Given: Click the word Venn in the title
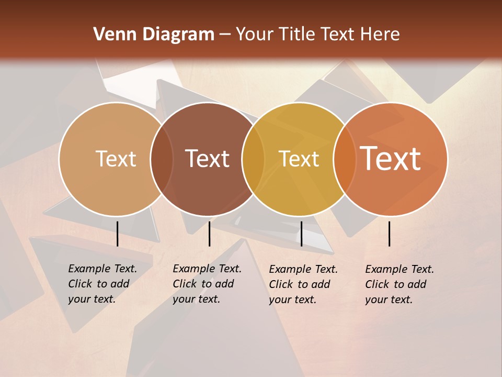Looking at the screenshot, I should click(111, 35).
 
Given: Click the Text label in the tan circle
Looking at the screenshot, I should click(116, 159).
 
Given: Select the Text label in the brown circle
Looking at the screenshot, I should click(207, 159).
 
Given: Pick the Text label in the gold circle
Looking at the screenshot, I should click(299, 159).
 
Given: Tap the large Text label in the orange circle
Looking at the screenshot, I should click(391, 159).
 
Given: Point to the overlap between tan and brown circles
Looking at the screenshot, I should click(162, 159).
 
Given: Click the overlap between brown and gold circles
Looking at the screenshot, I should click(253, 159).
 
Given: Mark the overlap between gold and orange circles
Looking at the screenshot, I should click(345, 159).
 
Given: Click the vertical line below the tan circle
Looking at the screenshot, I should click(118, 234).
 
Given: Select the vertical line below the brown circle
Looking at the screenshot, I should click(209, 234).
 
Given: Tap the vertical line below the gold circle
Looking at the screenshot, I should click(301, 234).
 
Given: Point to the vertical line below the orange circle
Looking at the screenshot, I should click(390, 234).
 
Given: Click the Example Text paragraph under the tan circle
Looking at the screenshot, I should click(102, 284).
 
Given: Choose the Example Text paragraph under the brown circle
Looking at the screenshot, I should click(207, 284).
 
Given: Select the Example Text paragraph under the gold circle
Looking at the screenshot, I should click(303, 284).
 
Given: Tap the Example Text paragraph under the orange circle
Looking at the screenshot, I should click(400, 284).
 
